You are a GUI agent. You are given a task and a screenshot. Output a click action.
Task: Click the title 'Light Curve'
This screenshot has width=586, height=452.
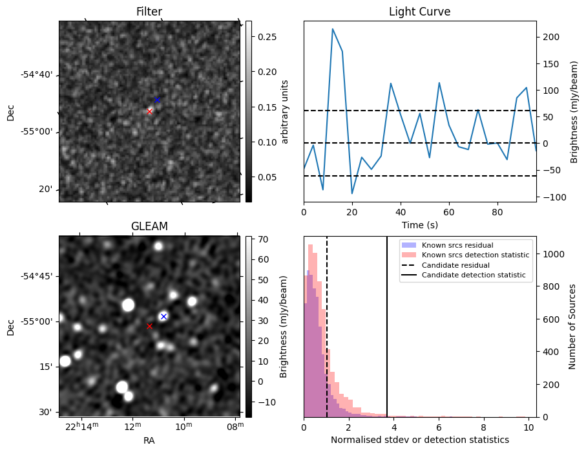419,12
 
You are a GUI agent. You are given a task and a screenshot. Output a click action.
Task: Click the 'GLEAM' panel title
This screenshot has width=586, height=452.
149,226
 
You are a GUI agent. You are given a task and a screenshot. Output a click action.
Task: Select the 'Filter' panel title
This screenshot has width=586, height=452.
149,12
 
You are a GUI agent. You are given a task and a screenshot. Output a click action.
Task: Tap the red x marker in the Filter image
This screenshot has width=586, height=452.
149,111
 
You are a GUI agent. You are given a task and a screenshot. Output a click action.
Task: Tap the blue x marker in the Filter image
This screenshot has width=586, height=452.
157,100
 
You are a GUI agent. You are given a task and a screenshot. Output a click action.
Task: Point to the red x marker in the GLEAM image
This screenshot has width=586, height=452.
149,326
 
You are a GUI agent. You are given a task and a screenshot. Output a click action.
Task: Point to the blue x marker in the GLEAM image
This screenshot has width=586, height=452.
163,316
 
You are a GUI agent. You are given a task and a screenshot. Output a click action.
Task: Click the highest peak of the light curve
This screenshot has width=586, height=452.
333,29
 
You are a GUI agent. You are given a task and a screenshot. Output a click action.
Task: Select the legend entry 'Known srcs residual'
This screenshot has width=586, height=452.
457,245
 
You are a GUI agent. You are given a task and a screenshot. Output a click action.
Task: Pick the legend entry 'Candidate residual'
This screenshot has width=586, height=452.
455,266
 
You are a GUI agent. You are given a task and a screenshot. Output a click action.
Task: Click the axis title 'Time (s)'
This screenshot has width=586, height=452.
419,224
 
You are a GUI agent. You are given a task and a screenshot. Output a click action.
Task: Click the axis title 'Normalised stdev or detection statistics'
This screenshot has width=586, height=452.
419,440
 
